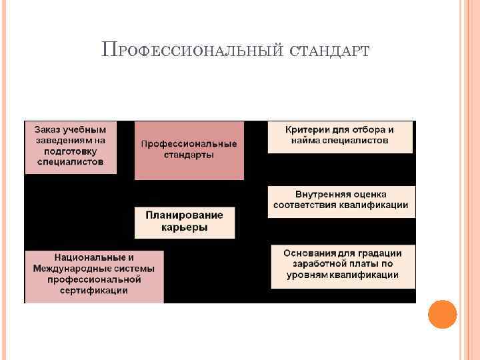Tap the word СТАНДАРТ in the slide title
(x=330, y=51)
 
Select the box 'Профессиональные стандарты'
(x=189, y=150)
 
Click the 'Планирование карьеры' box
(x=184, y=222)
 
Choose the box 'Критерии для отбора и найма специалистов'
(x=340, y=136)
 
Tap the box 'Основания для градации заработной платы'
(x=343, y=265)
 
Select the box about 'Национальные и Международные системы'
(x=94, y=274)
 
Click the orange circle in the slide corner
(x=442, y=314)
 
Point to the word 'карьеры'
(x=185, y=227)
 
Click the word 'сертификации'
(x=93, y=291)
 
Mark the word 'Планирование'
(x=185, y=215)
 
